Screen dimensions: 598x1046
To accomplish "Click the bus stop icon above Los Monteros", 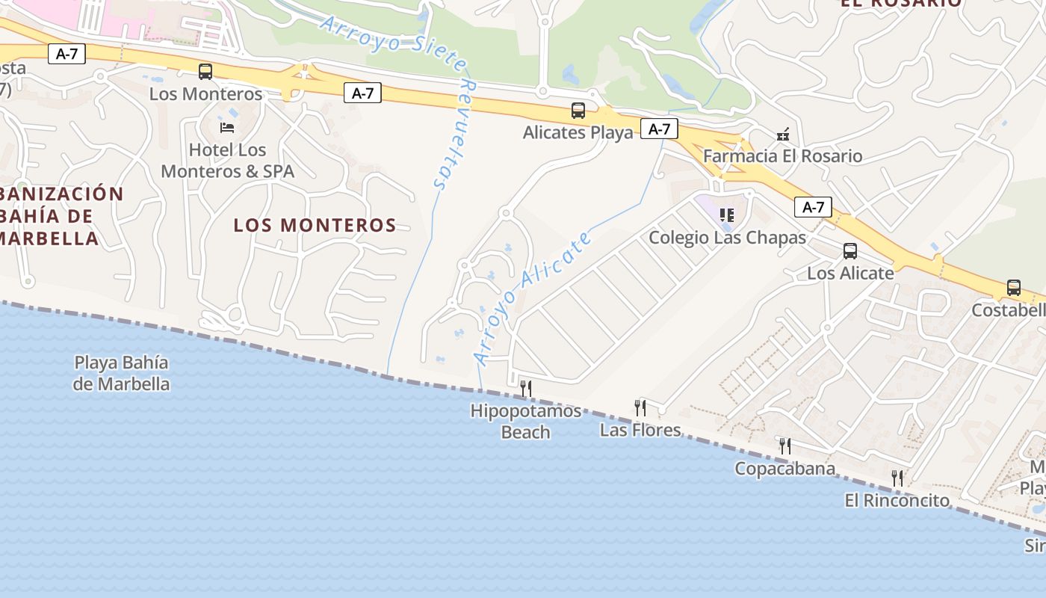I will [205, 72].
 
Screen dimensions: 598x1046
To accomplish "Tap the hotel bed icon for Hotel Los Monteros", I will [227, 127].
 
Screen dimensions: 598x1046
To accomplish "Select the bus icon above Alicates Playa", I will [578, 111].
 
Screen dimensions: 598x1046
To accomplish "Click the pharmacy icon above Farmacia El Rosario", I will [783, 135].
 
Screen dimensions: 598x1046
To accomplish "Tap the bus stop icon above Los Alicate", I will [850, 251].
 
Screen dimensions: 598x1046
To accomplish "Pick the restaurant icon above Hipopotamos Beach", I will [526, 388].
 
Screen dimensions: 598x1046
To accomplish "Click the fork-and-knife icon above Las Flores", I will [640, 407].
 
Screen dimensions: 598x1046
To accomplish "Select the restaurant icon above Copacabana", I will [785, 446].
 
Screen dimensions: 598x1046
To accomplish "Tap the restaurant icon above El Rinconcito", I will [897, 478].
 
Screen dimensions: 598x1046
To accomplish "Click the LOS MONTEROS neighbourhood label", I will [315, 225].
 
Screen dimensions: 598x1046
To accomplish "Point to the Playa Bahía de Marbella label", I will [121, 374].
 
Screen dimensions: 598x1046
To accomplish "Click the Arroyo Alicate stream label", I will [533, 299].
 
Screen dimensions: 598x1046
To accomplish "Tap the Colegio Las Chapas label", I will [727, 238].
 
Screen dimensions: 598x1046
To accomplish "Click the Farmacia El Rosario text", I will [783, 156].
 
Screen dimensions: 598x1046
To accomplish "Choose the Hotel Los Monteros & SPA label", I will [228, 161].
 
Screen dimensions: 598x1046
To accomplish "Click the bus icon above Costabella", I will [1014, 288].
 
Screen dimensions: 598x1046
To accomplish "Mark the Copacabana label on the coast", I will [784, 469].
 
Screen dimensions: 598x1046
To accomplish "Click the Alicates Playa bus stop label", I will [578, 133].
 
